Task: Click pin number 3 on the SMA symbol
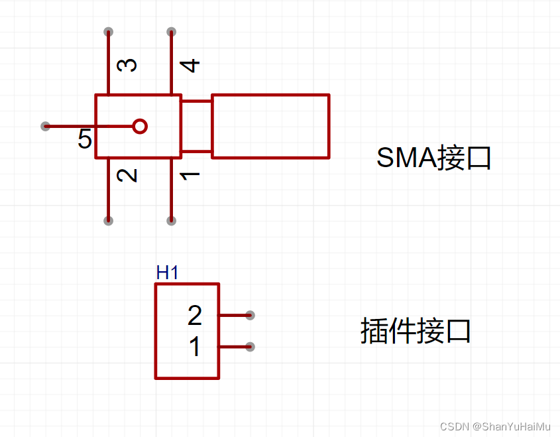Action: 127,65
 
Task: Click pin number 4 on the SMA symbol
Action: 191,65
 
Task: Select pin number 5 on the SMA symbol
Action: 85,139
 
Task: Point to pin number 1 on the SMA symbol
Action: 191,175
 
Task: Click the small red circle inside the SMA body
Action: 139,126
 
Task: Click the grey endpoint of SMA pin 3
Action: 109,32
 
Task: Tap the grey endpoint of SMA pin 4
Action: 171,32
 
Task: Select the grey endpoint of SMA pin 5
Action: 45,126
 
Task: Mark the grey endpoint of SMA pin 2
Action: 109,220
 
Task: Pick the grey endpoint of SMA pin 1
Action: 171,220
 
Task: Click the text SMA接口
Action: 433,158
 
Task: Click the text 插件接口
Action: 416,331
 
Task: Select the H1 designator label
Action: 167,272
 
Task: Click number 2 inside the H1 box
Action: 194,316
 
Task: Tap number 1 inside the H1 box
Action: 195,347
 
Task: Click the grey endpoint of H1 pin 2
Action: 250,315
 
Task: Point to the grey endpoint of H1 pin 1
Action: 250,346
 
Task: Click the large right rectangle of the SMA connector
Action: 270,126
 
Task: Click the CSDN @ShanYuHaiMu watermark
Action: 495,426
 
